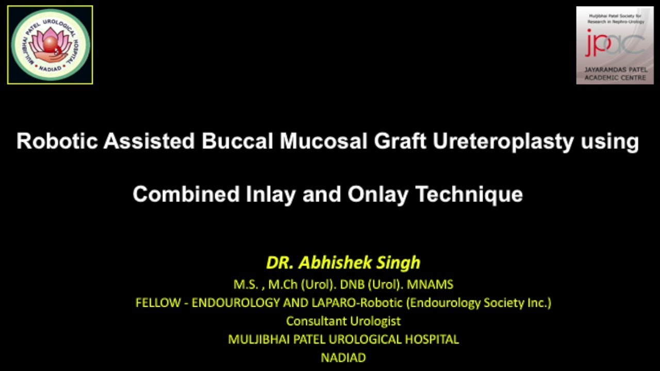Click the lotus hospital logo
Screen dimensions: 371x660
coord(50,45)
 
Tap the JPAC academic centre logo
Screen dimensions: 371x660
coord(615,45)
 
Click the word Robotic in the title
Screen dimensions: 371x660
coord(57,141)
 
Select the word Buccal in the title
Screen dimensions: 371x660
coord(237,141)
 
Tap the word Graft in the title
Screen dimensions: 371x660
coord(399,141)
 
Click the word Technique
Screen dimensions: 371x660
coord(469,194)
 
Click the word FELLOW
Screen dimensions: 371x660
coord(157,302)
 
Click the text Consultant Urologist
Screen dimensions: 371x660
coord(343,321)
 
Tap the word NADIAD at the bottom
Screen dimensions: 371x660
coord(343,357)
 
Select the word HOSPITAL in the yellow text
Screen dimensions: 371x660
coord(432,339)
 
